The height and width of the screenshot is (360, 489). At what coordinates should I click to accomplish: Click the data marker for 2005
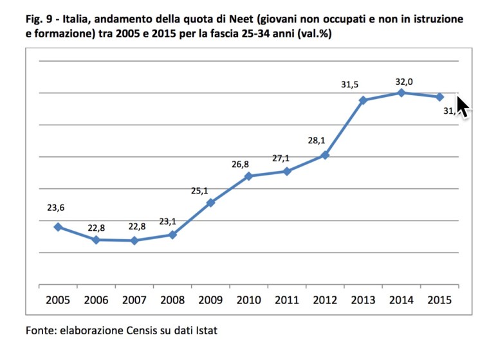coord(58,227)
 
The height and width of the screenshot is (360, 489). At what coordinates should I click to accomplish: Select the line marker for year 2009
coord(210,203)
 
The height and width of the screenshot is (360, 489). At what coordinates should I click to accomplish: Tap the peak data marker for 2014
coord(401,93)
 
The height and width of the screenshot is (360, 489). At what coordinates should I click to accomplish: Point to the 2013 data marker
coord(363,100)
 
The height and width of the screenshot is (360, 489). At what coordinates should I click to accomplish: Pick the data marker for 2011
coord(287,171)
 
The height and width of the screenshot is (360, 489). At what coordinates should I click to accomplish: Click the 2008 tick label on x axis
coord(172,300)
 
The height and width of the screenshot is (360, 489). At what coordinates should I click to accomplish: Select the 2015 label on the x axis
coord(439,300)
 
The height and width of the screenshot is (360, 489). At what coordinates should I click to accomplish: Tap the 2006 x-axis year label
coord(96,300)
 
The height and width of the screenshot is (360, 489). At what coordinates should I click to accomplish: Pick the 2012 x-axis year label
coord(325,300)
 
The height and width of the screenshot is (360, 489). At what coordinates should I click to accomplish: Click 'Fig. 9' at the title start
coord(39,20)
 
